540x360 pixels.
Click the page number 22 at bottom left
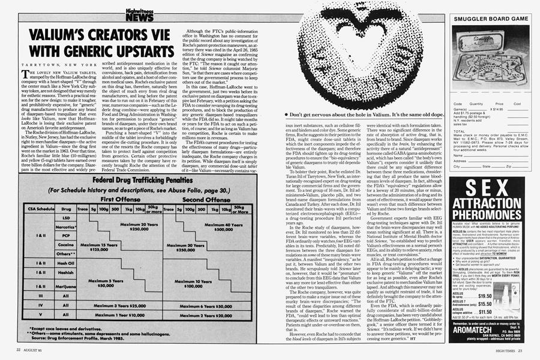[19, 350]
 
